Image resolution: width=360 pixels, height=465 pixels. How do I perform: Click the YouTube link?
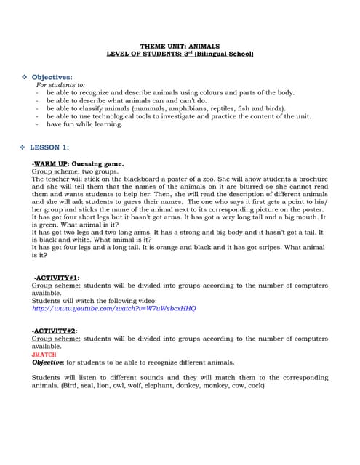(x=114, y=308)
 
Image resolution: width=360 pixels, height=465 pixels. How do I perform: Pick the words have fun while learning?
(x=84, y=124)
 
